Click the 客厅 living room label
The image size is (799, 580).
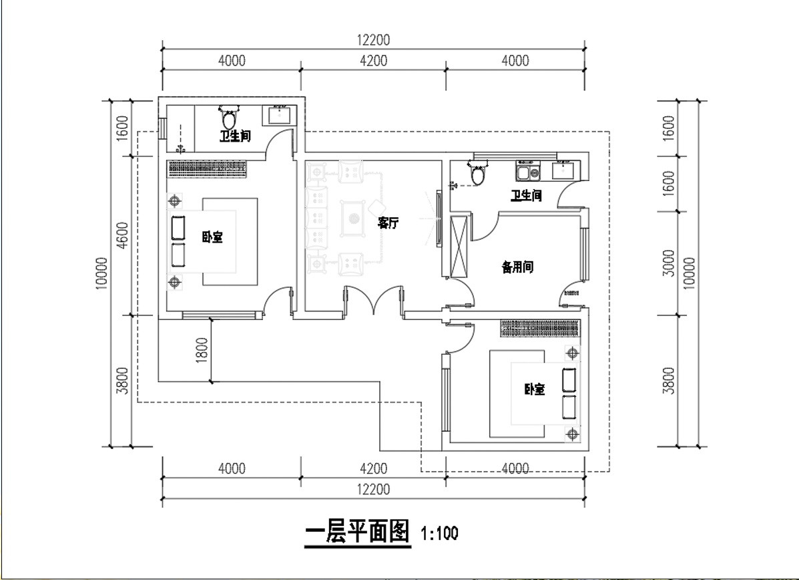click(x=388, y=223)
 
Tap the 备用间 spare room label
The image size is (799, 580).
click(x=518, y=267)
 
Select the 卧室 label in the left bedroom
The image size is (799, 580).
click(x=212, y=237)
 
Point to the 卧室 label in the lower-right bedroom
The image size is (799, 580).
click(x=535, y=390)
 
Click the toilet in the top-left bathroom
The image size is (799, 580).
click(x=230, y=118)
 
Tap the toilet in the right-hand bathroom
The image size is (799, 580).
click(x=477, y=173)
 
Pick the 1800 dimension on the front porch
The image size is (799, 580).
click(x=202, y=350)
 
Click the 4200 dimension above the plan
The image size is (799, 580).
click(x=374, y=61)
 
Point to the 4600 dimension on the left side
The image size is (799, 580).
click(x=123, y=235)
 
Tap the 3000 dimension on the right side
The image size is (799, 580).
click(x=668, y=263)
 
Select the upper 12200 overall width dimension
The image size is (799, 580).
click(x=374, y=40)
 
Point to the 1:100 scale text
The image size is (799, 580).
click(x=439, y=534)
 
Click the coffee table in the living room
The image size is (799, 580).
click(x=354, y=219)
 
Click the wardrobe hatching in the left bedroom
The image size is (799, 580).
click(x=208, y=169)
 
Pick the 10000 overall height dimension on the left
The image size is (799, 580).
click(x=101, y=273)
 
